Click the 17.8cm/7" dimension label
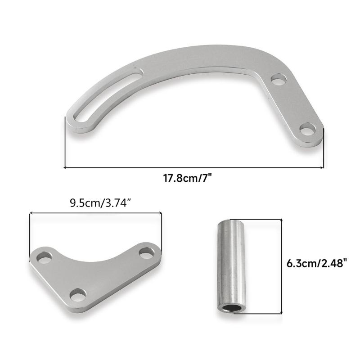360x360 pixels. pyautogui.click(x=187, y=178)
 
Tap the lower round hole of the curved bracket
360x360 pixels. pyautogui.click(x=308, y=130)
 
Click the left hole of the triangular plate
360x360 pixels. pyautogui.click(x=45, y=258)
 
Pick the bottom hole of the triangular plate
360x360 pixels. pyautogui.click(x=79, y=295)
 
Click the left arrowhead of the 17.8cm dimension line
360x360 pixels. pyautogui.click(x=66, y=168)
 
